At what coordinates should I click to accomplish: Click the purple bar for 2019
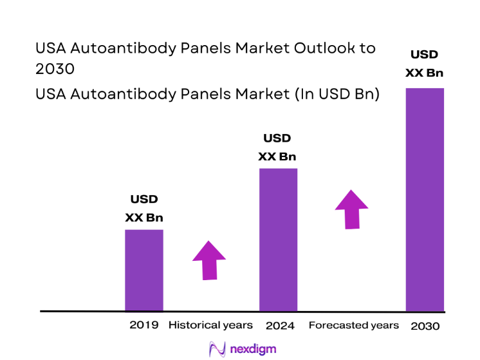pyautogui.click(x=143, y=270)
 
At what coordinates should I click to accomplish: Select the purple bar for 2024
pyautogui.click(x=278, y=240)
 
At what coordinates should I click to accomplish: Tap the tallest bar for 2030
pyautogui.click(x=425, y=199)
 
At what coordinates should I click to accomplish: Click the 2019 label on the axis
pyautogui.click(x=143, y=325)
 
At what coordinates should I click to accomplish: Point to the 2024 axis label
pyautogui.click(x=279, y=326)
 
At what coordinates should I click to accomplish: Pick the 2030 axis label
pyautogui.click(x=425, y=326)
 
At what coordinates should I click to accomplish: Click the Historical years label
pyautogui.click(x=210, y=325)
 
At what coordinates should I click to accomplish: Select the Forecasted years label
pyautogui.click(x=354, y=325)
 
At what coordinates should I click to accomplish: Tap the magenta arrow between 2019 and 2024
pyautogui.click(x=209, y=260)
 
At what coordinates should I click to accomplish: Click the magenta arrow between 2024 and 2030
pyautogui.click(x=351, y=209)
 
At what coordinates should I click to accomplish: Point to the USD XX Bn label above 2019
pyautogui.click(x=144, y=209)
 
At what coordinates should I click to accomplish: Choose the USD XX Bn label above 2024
pyautogui.click(x=277, y=147)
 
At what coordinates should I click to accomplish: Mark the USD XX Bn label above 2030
pyautogui.click(x=425, y=63)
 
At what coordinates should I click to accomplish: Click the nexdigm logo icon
pyautogui.click(x=217, y=349)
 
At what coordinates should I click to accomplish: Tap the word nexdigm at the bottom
pyautogui.click(x=252, y=350)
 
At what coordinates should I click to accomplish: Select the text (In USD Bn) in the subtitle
pyautogui.click(x=337, y=94)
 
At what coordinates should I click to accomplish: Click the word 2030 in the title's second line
pyautogui.click(x=55, y=69)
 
